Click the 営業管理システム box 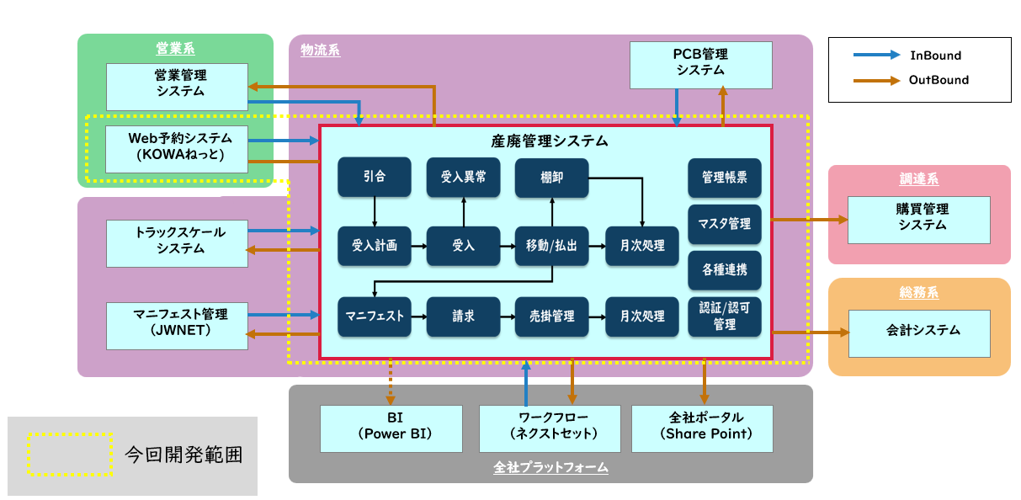coord(177,86)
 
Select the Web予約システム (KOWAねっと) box coord(177,149)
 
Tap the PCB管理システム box coord(701,65)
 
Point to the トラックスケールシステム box coord(177,242)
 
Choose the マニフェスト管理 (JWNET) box coord(177,327)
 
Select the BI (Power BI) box coord(391,428)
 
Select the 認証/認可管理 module coord(724,316)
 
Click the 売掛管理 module coord(551,316)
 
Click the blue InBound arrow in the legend coord(875,56)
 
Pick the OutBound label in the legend coord(939,80)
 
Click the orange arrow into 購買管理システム coord(809,220)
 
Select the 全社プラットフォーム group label coord(550,467)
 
